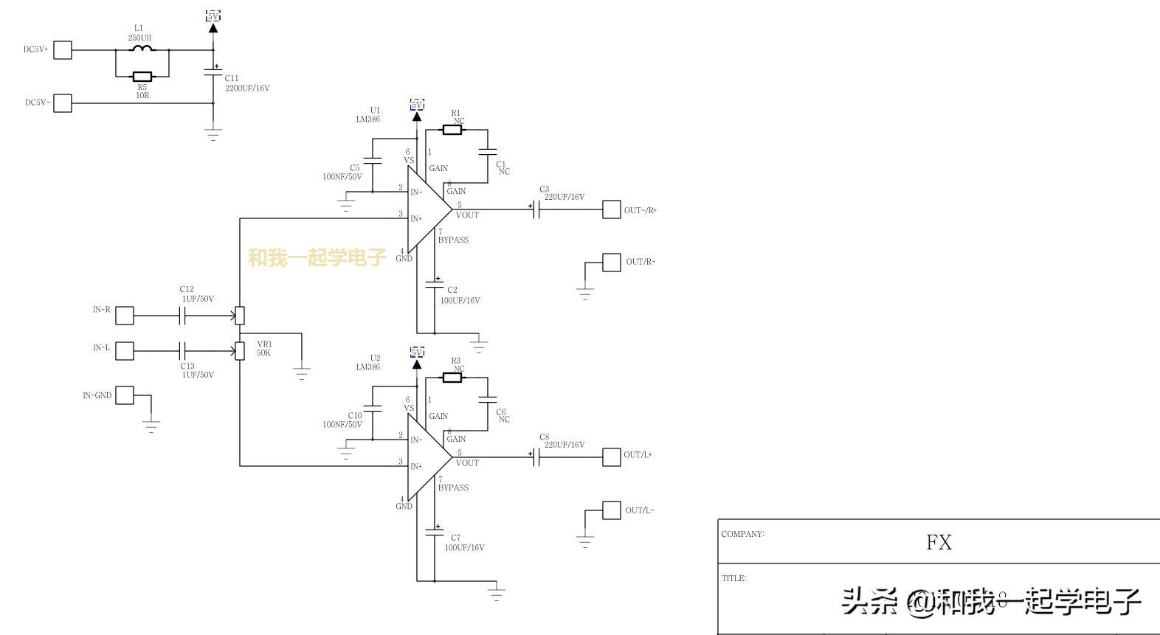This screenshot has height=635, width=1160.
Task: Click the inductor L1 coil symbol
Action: pyautogui.click(x=142, y=49)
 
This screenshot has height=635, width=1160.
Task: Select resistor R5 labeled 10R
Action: pyautogui.click(x=142, y=77)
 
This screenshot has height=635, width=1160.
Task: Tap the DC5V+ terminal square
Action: pyautogui.click(x=63, y=50)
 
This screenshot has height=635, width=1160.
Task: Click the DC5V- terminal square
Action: pyautogui.click(x=63, y=103)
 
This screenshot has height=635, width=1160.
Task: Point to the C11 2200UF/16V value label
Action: pyautogui.click(x=247, y=89)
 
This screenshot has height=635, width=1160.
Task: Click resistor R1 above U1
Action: pyautogui.click(x=452, y=130)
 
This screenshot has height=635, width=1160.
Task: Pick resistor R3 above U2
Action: pyautogui.click(x=452, y=378)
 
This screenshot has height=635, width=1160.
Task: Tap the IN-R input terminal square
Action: pyautogui.click(x=125, y=316)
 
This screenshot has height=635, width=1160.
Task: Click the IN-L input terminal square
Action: pyautogui.click(x=125, y=351)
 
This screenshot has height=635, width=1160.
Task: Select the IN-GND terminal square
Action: pyautogui.click(x=125, y=395)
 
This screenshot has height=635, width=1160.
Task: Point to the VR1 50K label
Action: pyautogui.click(x=264, y=349)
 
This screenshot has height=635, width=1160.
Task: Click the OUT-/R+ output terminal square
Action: pyautogui.click(x=611, y=209)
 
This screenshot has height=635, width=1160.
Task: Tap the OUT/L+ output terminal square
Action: pyautogui.click(x=611, y=457)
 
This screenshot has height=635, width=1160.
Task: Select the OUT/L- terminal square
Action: pyautogui.click(x=611, y=510)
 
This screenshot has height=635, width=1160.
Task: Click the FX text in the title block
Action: pyautogui.click(x=939, y=543)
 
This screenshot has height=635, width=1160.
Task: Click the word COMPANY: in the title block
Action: pyautogui.click(x=742, y=534)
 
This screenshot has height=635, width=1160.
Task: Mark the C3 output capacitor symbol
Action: pyautogui.click(x=536, y=209)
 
